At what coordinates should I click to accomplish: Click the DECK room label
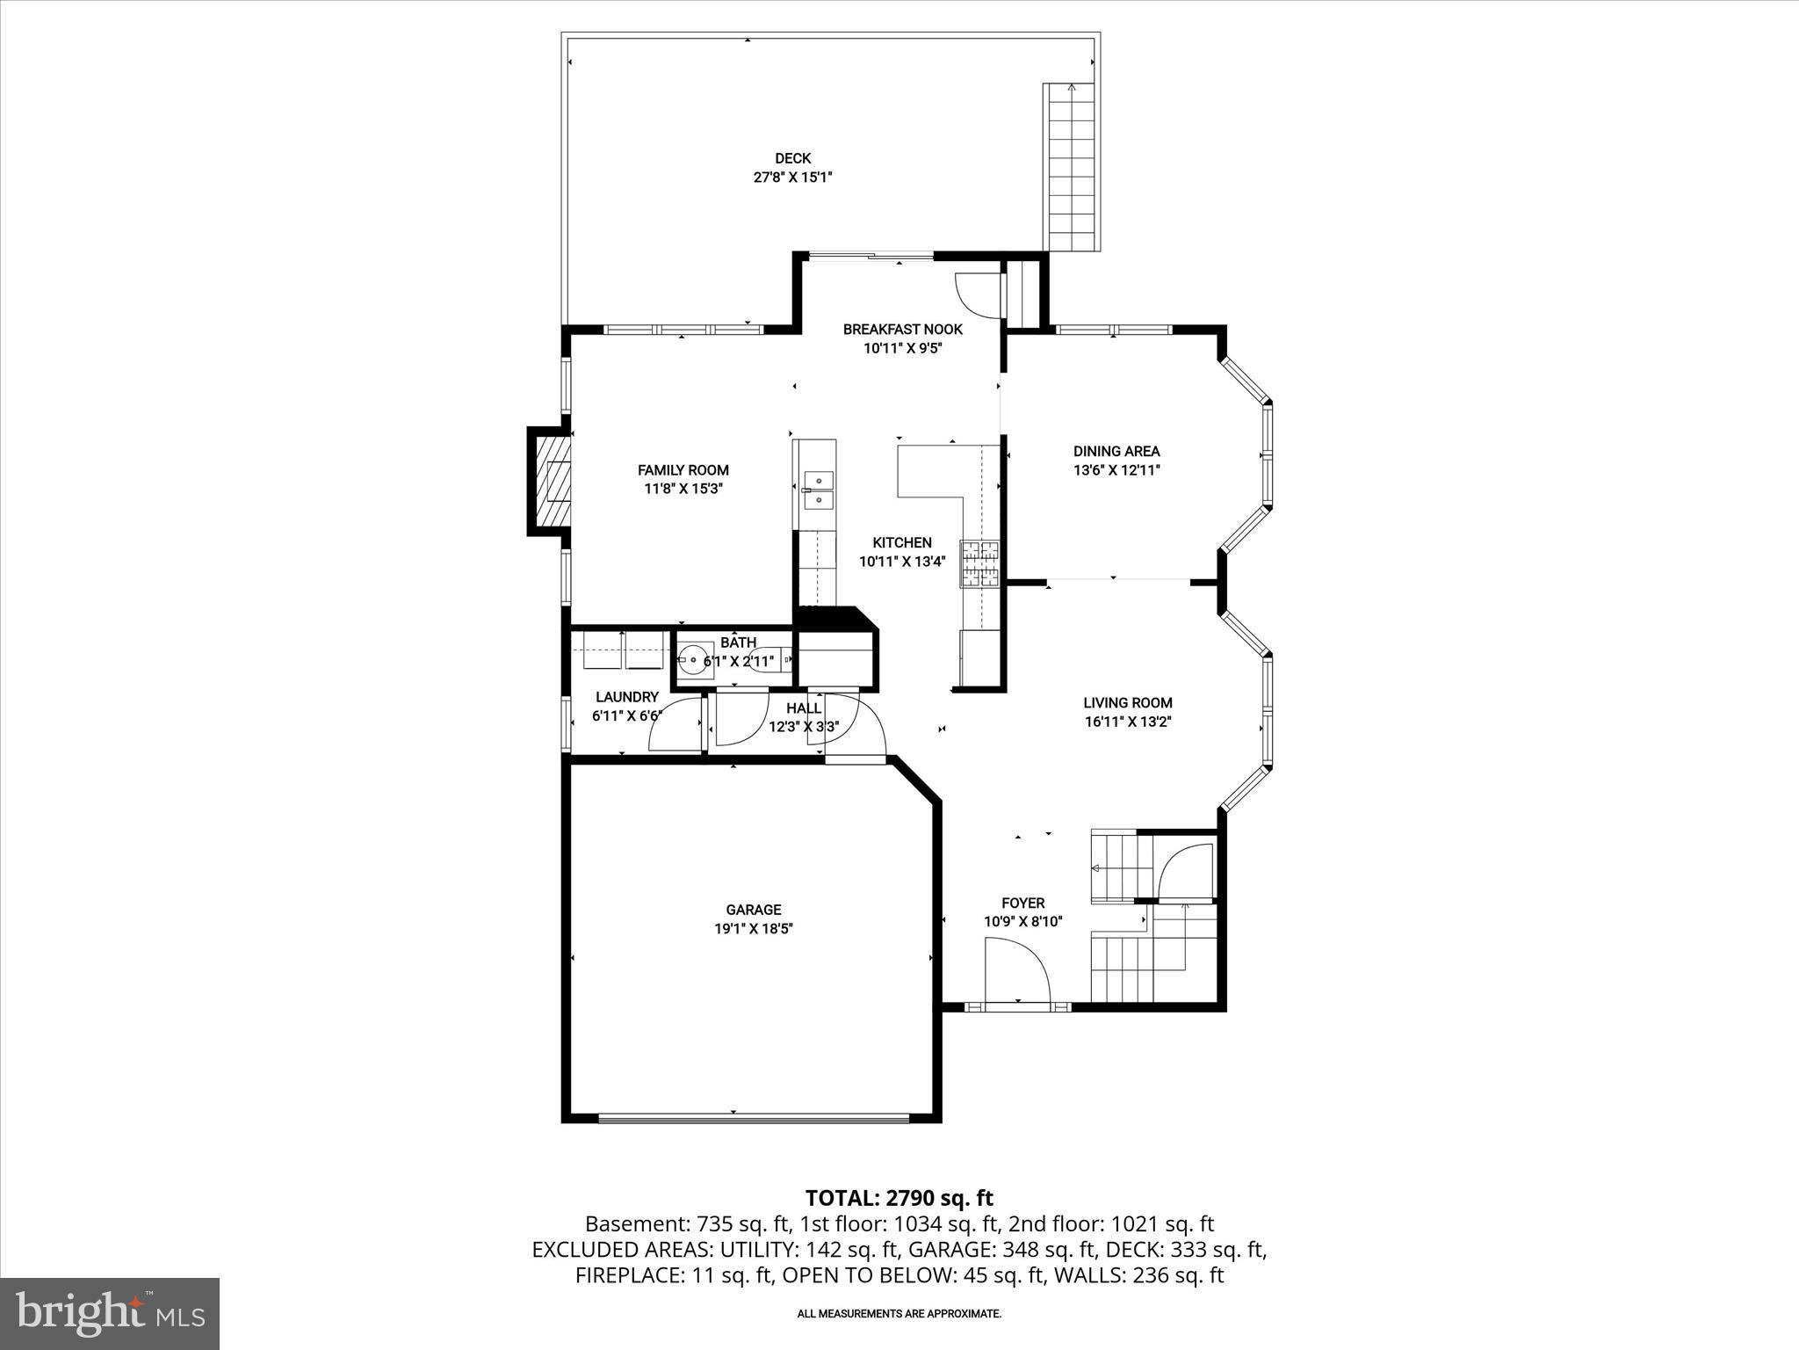point(792,158)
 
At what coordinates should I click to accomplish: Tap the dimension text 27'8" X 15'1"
point(792,178)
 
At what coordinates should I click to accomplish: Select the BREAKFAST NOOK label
point(902,330)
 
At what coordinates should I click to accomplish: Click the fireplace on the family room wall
point(552,482)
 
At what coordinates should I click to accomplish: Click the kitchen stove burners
point(982,564)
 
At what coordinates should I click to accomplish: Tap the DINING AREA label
point(1116,451)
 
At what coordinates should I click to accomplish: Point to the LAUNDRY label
point(626,697)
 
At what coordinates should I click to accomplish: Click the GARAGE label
point(753,910)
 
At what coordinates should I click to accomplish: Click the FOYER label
point(1022,903)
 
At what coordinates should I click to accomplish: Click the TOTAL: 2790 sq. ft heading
point(899,1198)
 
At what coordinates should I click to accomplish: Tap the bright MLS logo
point(110,1314)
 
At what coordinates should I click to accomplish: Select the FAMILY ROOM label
point(683,470)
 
